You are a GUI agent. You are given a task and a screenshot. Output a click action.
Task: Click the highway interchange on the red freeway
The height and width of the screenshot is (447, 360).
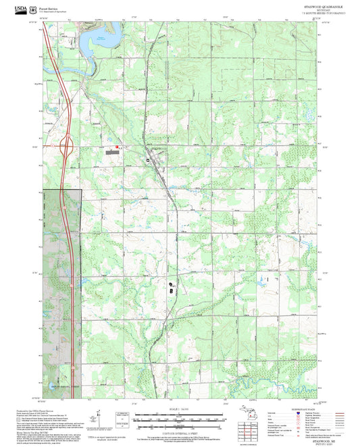pyautogui.click(x=67, y=144)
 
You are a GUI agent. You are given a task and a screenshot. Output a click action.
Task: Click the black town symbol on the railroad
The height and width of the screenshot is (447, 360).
pyautogui.click(x=148, y=159)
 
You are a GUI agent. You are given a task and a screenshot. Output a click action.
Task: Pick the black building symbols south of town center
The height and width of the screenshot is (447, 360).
pyautogui.click(x=171, y=286)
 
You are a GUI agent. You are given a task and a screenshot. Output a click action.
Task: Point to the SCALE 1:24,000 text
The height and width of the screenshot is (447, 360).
pyautogui.click(x=179, y=409)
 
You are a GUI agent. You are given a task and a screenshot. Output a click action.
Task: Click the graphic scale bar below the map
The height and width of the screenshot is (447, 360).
pyautogui.click(x=179, y=417)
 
